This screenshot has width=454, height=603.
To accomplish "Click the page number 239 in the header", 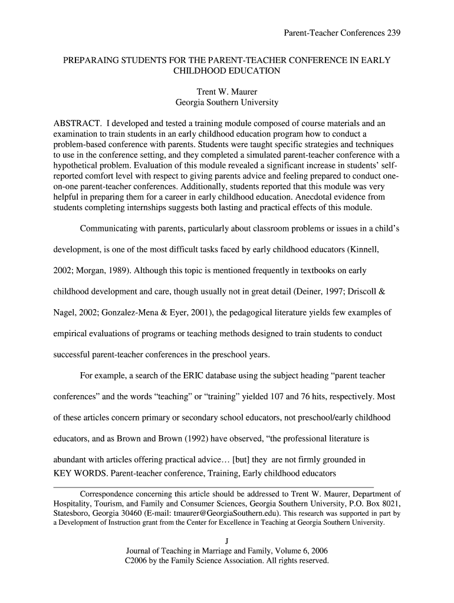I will pos(393,34).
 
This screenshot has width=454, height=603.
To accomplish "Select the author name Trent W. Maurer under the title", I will pos(227,92).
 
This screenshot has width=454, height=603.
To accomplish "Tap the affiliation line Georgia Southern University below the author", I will pos(227,102).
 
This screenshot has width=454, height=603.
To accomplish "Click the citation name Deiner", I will pos(301,291).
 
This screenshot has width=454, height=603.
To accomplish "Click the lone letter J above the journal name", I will pos(227,541).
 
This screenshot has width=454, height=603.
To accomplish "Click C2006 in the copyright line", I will pos(138,561).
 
